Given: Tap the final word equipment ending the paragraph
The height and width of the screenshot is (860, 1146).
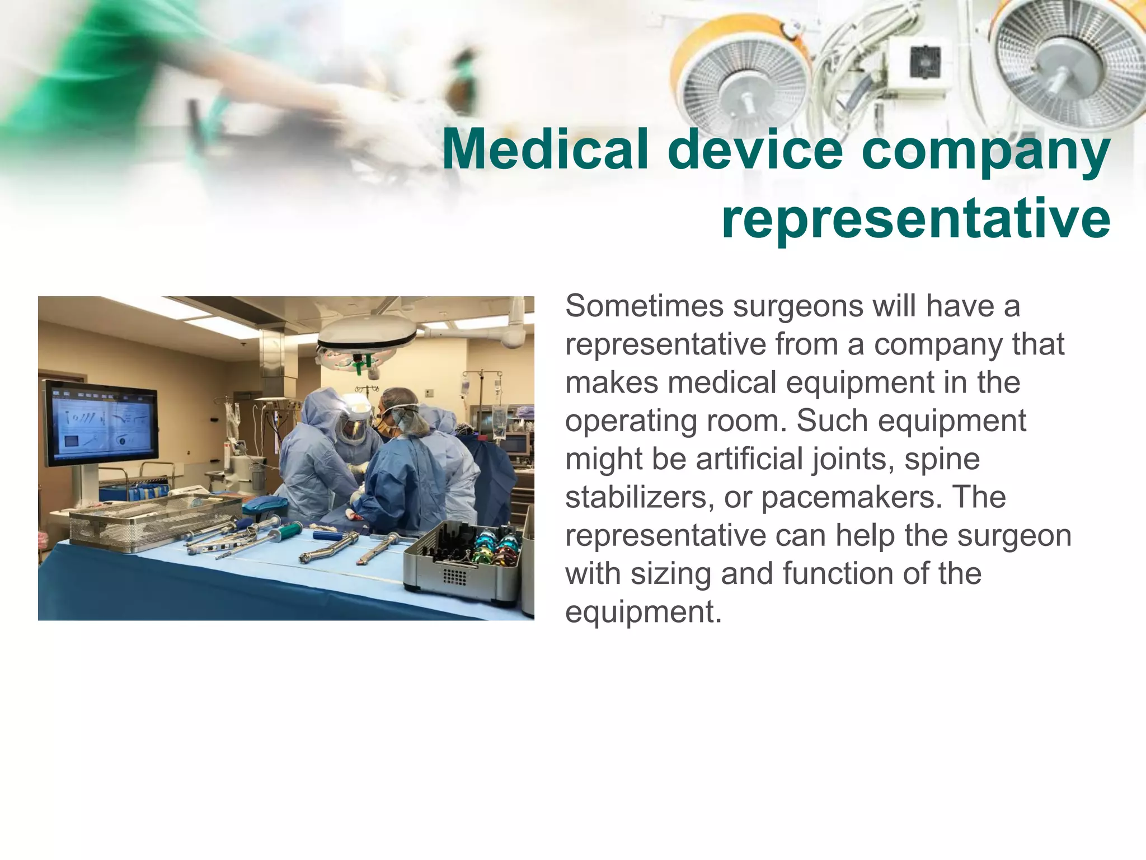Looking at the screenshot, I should pyautogui.click(x=644, y=612).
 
